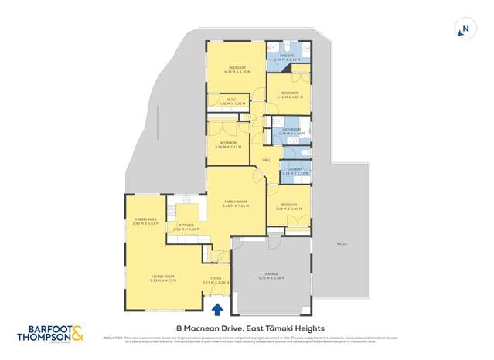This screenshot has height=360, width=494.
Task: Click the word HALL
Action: [x=266, y=159]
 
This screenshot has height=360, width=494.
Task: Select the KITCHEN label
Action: [x=186, y=227]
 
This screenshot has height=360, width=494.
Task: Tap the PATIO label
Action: [x=341, y=244]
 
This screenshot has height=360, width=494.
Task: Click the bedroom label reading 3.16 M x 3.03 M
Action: [x=289, y=95]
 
